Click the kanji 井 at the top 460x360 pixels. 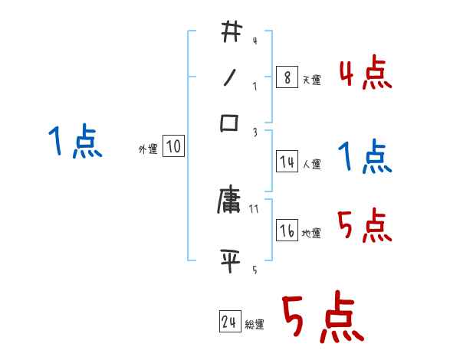pos(231,33)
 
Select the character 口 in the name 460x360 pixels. pos(231,123)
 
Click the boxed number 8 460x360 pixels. pos(287,78)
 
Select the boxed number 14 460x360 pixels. pos(287,162)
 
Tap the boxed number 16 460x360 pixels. pos(287,231)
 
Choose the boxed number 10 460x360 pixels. pos(173,146)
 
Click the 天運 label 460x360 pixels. pos(311,80)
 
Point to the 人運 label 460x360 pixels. pos(311,163)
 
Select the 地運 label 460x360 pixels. pos(311,233)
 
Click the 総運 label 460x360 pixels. pos(255,325)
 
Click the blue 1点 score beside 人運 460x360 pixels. pos(365,158)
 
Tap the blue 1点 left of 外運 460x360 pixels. pos(75,142)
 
